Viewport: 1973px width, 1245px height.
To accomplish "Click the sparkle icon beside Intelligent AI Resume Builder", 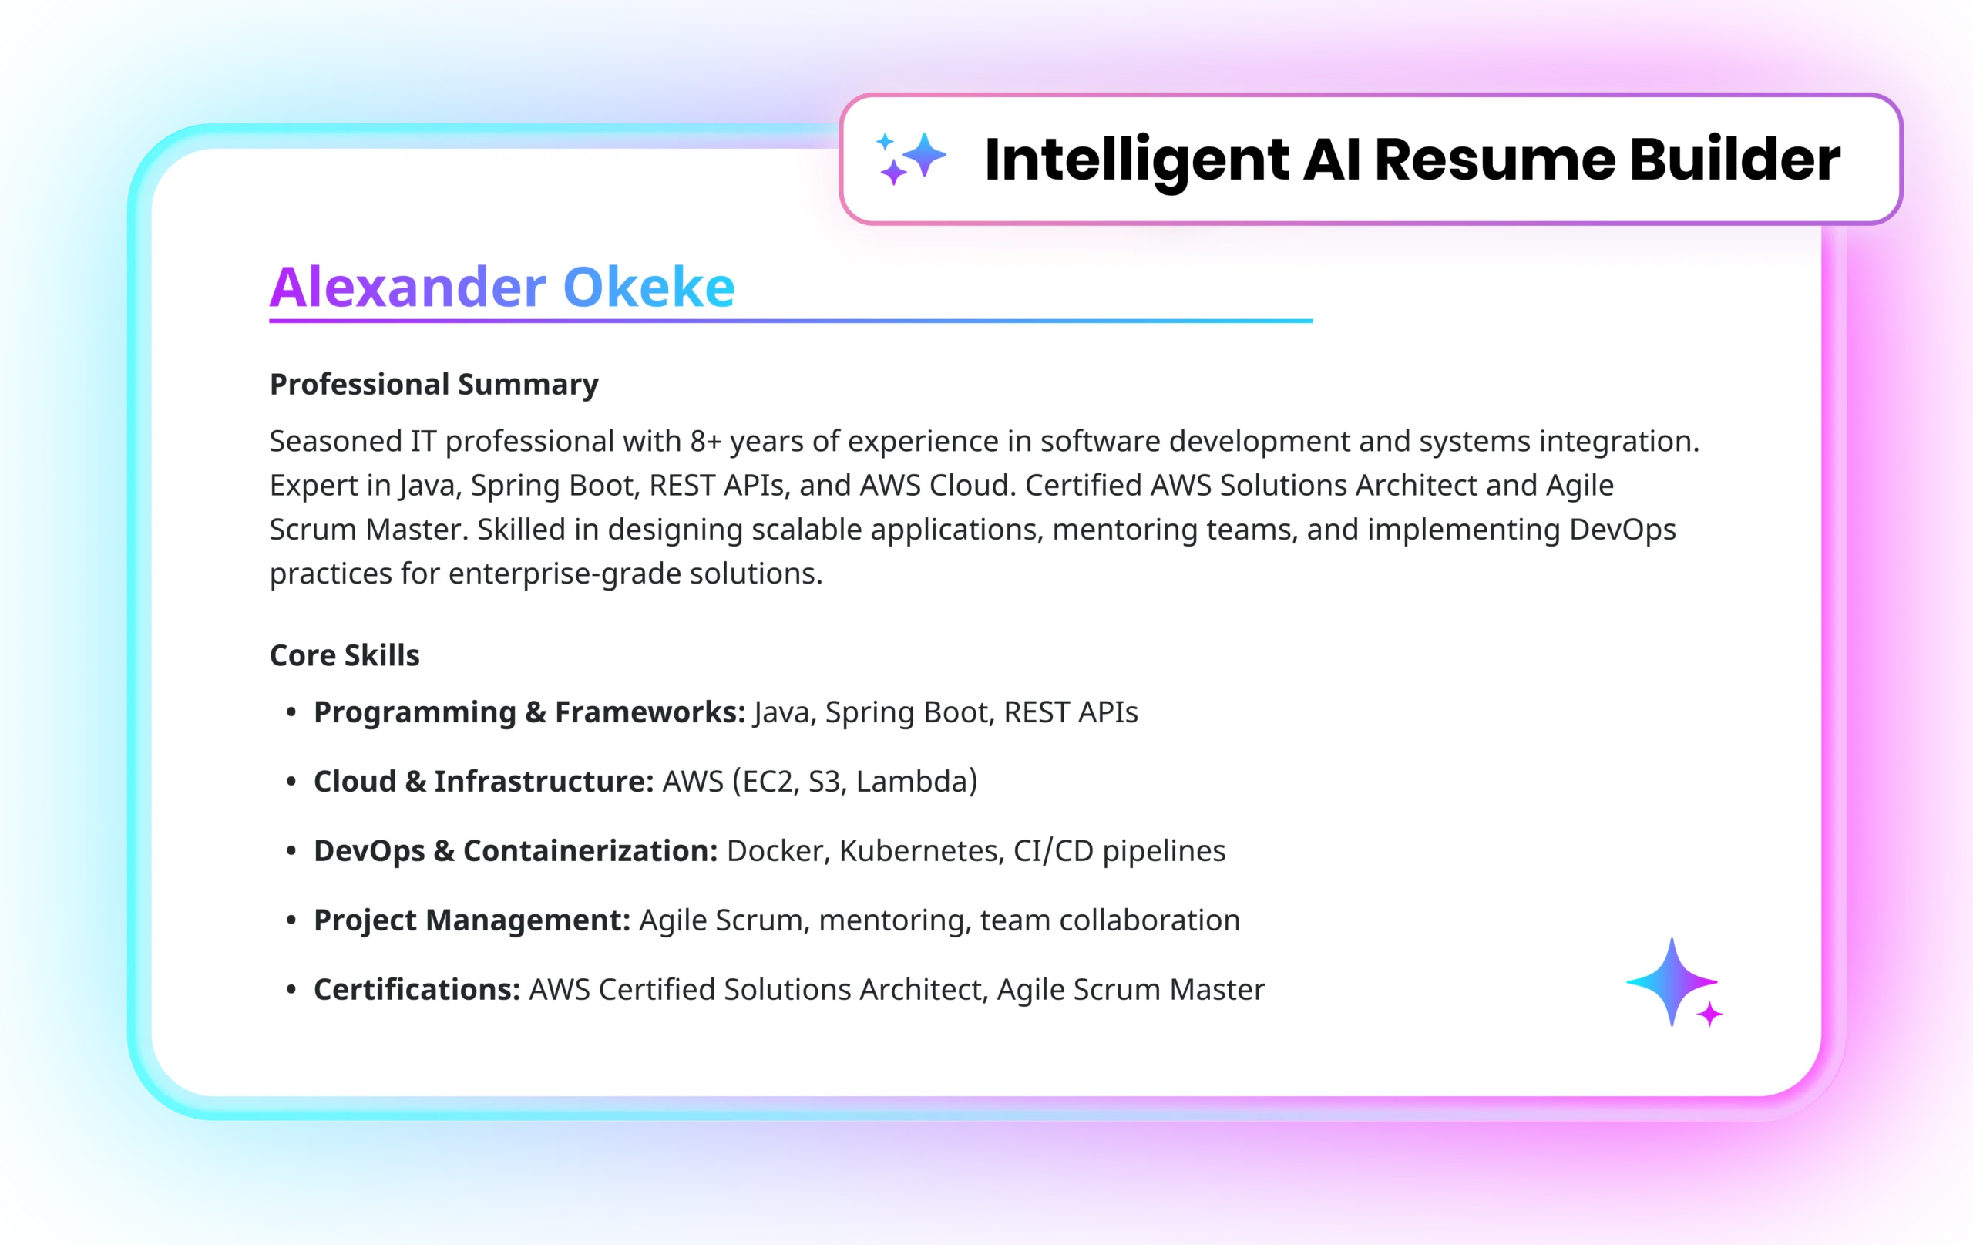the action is point(910,158).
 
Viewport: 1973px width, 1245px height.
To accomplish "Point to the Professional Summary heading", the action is point(434,385).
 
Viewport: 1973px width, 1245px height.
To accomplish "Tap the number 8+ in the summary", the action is point(705,441).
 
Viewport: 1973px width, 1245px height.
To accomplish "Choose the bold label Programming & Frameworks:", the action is point(529,712).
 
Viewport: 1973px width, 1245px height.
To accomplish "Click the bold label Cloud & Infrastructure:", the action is point(483,782).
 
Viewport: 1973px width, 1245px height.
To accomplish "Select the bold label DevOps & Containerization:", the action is point(516,852).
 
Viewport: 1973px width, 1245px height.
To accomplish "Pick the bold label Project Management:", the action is point(472,920).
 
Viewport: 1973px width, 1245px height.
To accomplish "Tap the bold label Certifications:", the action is point(417,989).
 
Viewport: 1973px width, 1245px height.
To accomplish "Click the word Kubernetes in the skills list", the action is point(922,851).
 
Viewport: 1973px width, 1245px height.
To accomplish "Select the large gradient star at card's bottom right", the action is point(1672,982).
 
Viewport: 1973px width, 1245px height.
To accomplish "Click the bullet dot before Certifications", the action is point(291,990).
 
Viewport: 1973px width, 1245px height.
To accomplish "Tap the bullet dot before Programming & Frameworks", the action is point(291,713).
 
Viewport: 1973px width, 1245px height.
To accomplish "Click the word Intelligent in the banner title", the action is point(1137,160).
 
